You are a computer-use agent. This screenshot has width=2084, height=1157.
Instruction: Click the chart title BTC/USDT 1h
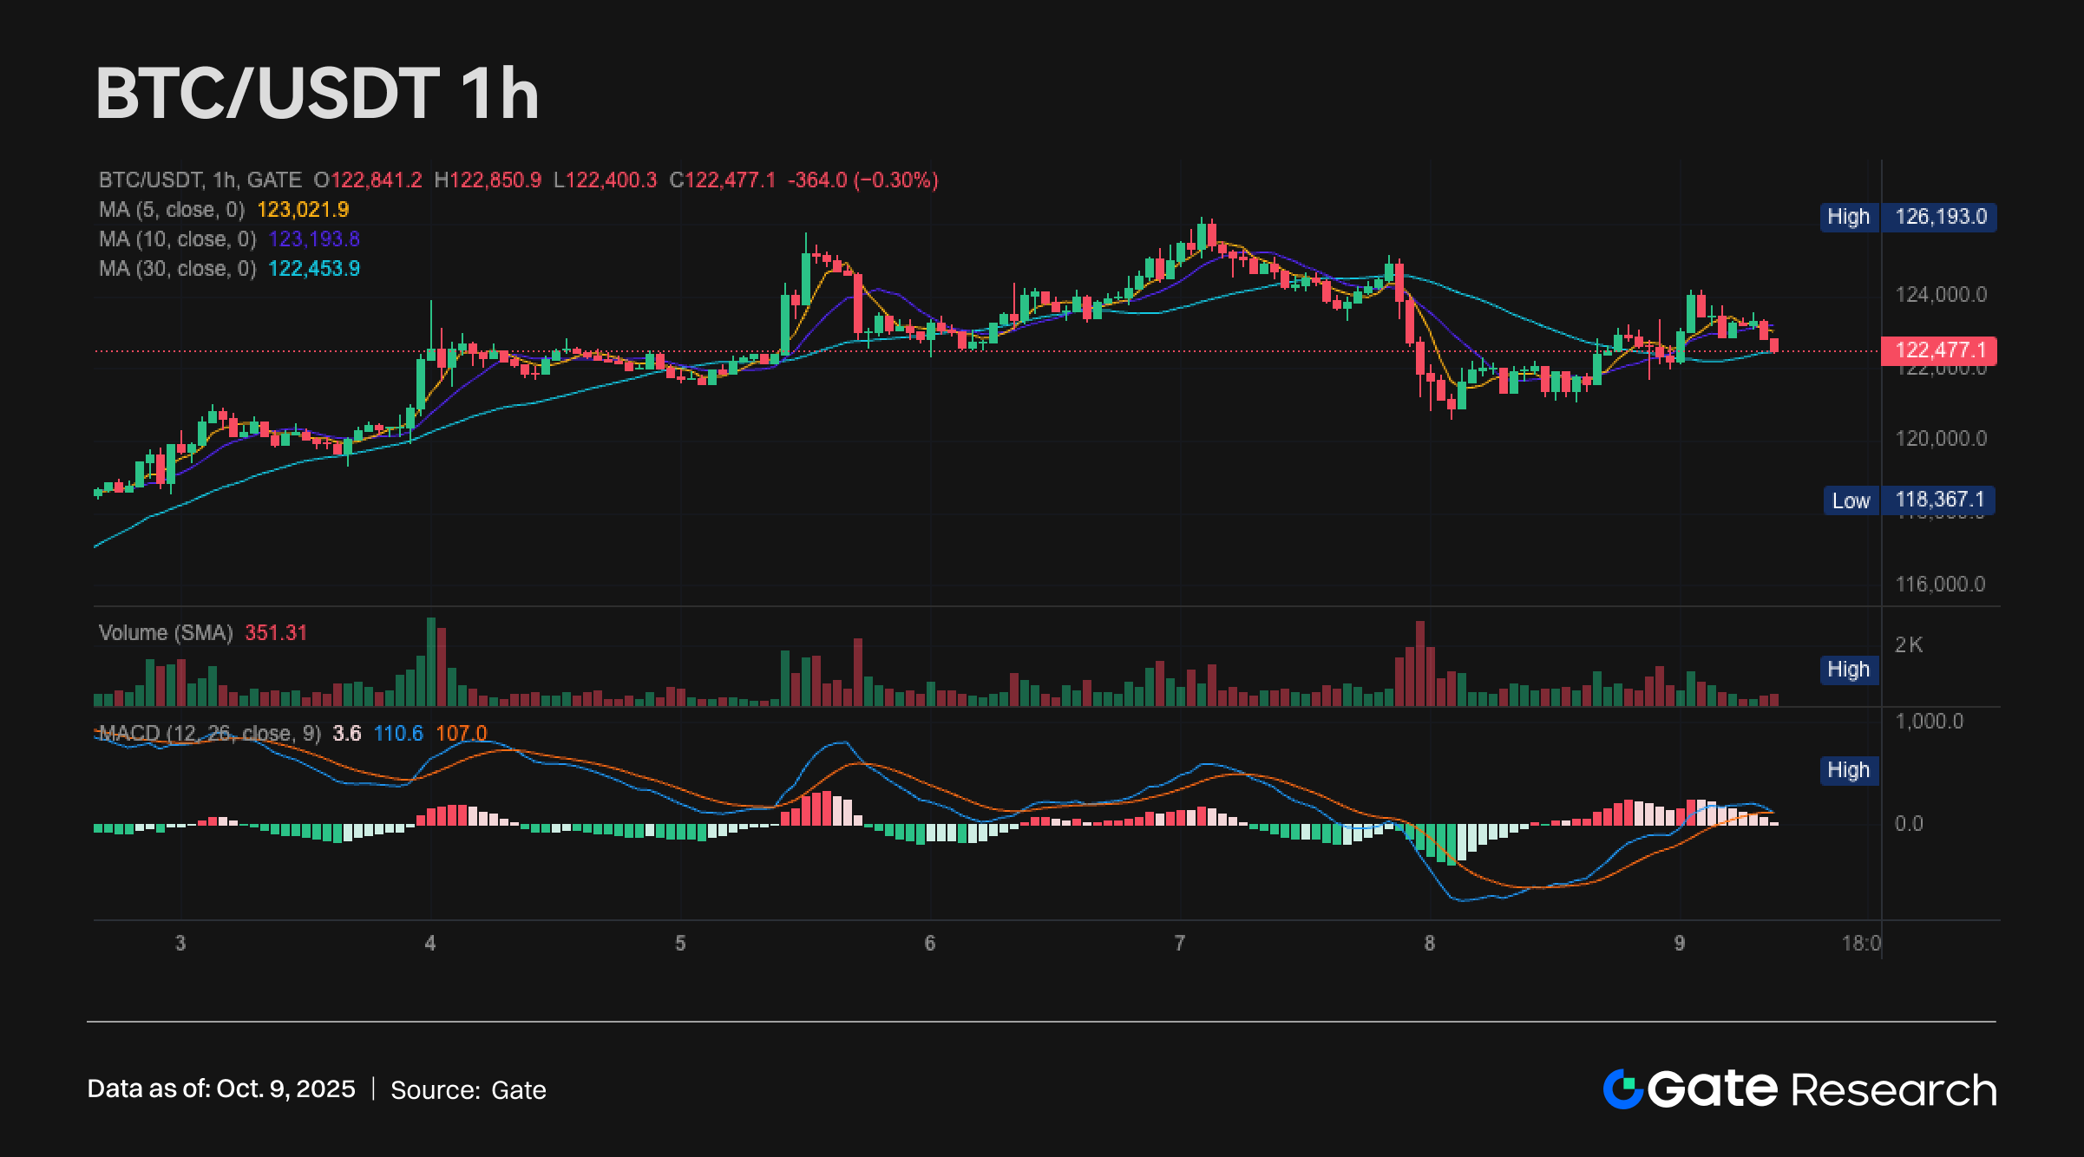tap(318, 94)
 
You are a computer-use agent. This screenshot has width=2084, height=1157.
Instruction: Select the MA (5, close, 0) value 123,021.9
tap(303, 210)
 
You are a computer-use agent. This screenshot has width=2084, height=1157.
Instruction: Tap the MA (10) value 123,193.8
tap(314, 239)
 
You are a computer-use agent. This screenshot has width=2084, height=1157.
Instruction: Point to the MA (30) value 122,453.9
tap(314, 269)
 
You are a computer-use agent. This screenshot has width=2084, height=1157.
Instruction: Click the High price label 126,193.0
tap(1940, 217)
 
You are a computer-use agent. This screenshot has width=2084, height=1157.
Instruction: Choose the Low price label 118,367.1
tap(1939, 500)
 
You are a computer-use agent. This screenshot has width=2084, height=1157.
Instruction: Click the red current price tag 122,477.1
tap(1940, 350)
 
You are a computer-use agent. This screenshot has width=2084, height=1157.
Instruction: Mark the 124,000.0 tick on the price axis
tap(1940, 295)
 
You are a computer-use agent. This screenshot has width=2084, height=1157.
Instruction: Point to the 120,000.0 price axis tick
tap(1940, 439)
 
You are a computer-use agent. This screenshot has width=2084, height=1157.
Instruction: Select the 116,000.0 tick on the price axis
tap(1940, 585)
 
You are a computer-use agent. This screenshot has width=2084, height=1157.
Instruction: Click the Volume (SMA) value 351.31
tap(276, 633)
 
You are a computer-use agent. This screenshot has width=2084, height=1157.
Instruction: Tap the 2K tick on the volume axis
tap(1909, 645)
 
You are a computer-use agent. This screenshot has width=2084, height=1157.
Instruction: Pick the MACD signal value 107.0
tap(461, 734)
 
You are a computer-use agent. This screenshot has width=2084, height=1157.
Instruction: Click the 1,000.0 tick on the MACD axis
tap(1928, 722)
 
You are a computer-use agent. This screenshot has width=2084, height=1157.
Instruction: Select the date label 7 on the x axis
tap(1179, 944)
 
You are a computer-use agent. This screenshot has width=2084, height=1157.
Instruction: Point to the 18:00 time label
tap(1861, 944)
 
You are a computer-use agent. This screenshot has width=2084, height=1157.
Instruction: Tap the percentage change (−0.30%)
tap(896, 180)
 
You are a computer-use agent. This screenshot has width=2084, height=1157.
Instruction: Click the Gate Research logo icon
tap(1622, 1089)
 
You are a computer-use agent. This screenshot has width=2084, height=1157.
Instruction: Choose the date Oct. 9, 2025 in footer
tap(285, 1089)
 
